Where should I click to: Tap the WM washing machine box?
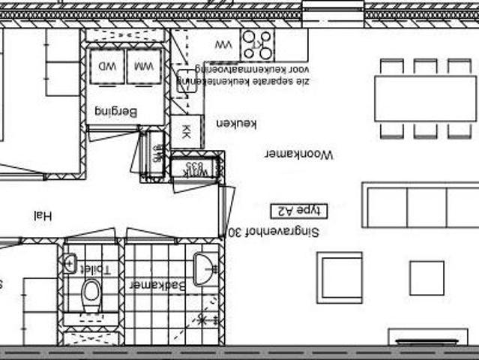click(144, 67)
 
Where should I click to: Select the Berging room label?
click(117, 112)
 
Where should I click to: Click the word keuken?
click(236, 124)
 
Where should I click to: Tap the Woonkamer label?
click(298, 154)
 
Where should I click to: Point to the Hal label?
click(43, 216)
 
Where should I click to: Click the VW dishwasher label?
click(223, 45)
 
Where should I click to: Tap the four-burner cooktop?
click(257, 44)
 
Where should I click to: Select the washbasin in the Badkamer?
click(205, 268)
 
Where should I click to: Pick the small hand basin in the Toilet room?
click(70, 263)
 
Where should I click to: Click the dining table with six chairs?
click(425, 98)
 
